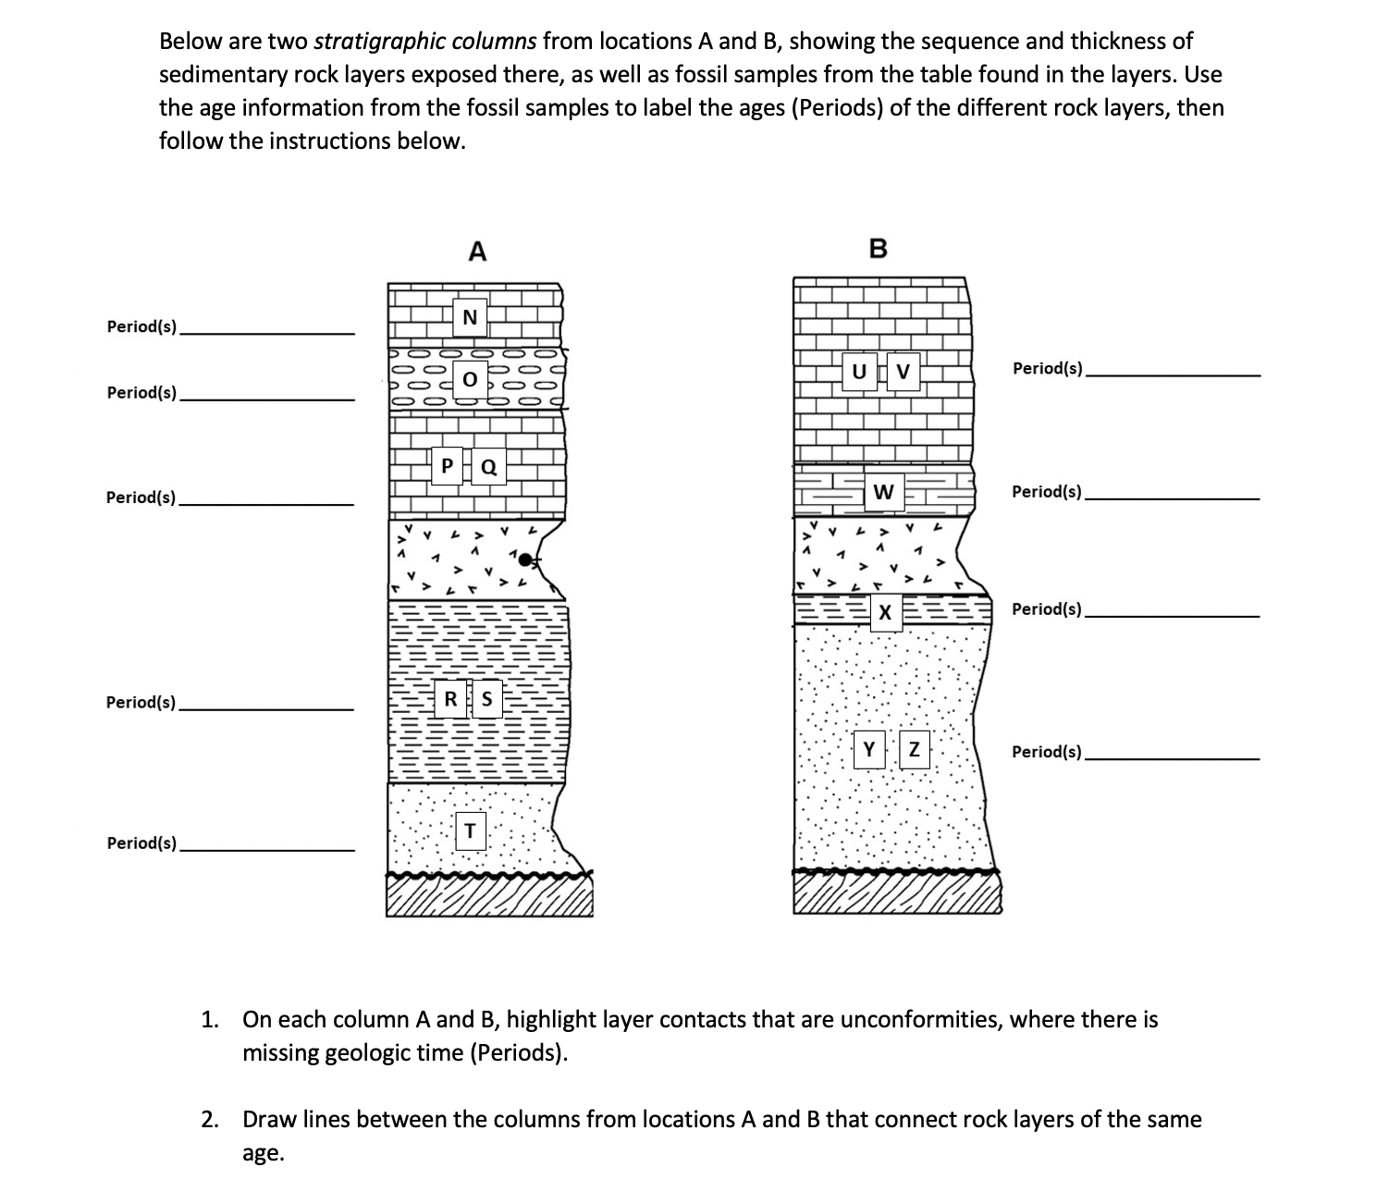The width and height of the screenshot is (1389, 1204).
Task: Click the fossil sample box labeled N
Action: coord(469,317)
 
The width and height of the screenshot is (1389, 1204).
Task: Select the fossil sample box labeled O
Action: coord(469,379)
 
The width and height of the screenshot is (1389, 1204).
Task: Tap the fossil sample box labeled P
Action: coord(448,465)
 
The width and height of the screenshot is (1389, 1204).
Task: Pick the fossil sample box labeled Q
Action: coord(489,466)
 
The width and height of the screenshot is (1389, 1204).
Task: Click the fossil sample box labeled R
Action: coord(450,698)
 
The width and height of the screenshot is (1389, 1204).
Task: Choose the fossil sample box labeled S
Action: coord(486,698)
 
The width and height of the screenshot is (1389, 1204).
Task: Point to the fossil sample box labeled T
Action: coord(470,830)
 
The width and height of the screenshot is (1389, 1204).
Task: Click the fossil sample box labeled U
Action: coord(859,372)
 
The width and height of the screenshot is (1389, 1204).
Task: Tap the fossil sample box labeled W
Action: coord(882,491)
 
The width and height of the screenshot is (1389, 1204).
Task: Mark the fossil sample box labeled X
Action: coord(885,612)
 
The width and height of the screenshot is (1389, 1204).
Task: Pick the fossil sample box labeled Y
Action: coord(868,749)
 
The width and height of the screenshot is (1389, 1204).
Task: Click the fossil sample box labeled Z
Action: coord(914,749)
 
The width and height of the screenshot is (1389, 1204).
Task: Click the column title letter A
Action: coord(476,251)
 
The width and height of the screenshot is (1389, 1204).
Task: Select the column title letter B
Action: coord(878,249)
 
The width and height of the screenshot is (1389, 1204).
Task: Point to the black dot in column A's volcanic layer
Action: coord(525,559)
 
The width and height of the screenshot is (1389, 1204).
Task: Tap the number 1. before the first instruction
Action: coord(211,1020)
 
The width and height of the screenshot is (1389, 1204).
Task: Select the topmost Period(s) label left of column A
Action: coord(142,326)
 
